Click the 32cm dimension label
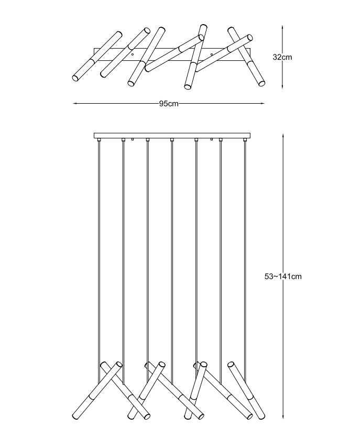tap(282, 57)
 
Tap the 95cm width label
tap(169, 104)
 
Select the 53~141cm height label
tap(283, 277)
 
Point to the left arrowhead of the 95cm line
tap(74, 103)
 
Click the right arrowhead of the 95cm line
tap(263, 103)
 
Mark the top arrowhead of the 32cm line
tap(282, 28)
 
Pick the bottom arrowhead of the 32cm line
tap(282, 86)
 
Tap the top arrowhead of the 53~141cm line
tap(283, 136)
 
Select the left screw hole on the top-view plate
tap(133, 54)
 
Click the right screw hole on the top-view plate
tap(212, 54)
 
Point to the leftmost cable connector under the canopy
tap(99, 140)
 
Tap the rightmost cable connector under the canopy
tap(245, 140)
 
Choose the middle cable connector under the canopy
tap(172, 140)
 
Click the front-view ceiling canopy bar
tap(172, 136)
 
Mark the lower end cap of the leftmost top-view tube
tap(75, 78)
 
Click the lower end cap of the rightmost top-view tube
tap(261, 83)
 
